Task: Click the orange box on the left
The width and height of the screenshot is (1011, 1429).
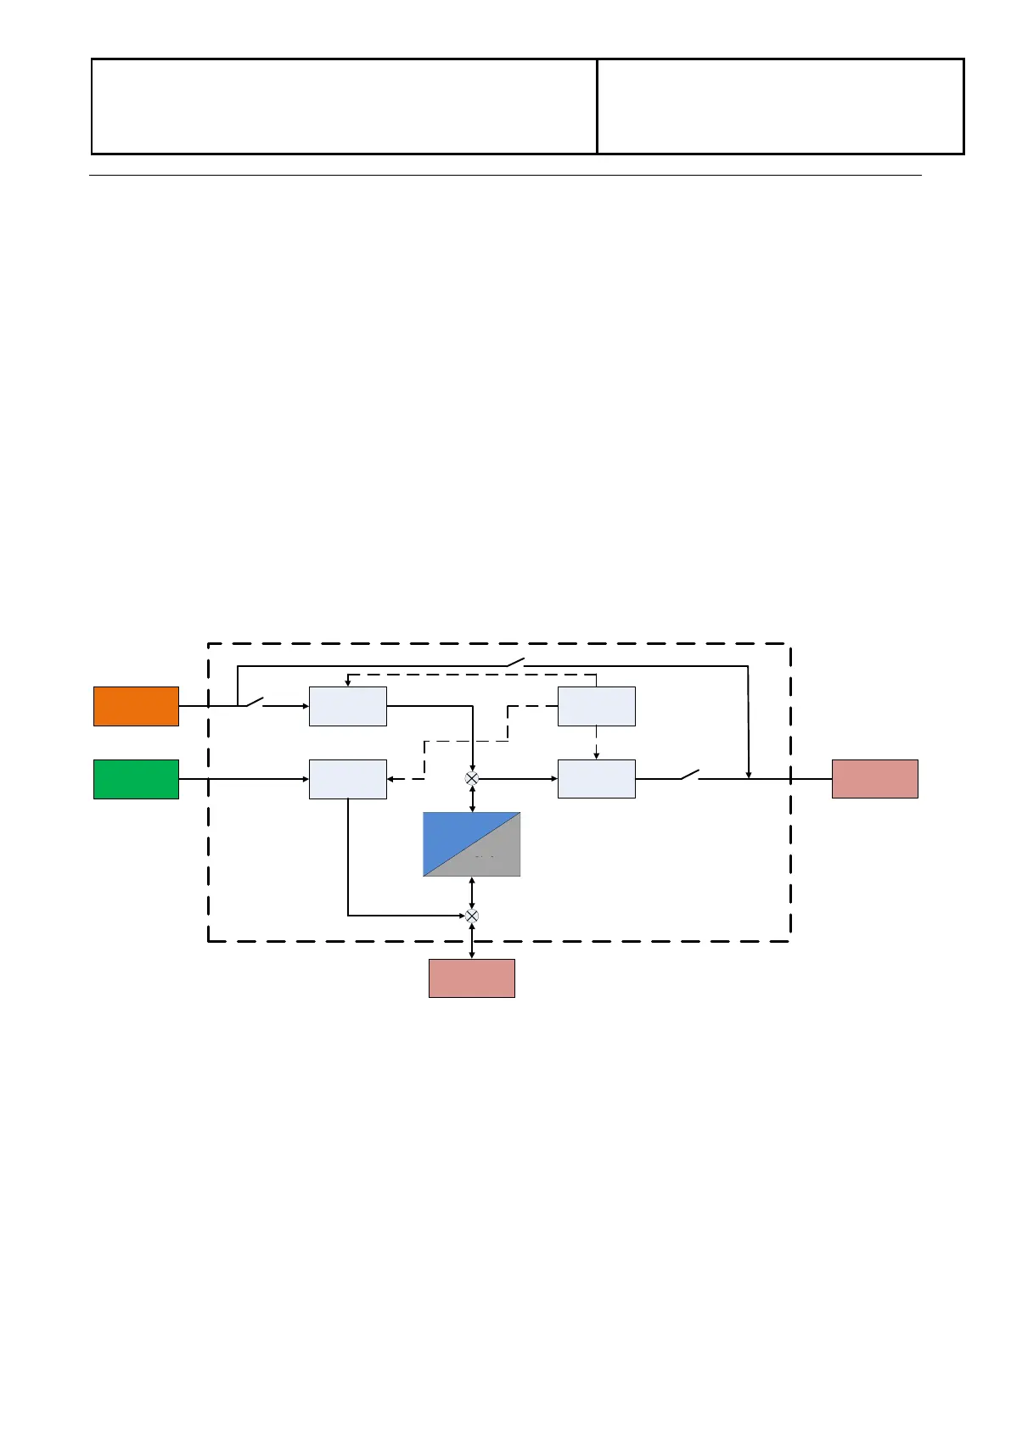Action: (136, 706)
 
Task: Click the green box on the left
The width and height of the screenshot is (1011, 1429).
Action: (136, 779)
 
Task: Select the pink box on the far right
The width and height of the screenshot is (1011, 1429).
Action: (874, 779)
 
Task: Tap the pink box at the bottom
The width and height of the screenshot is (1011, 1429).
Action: (471, 978)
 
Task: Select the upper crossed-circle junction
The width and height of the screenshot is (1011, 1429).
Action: (472, 778)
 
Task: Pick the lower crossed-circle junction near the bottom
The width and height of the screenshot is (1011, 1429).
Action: (472, 916)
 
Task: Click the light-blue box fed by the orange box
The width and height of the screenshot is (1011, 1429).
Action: (347, 706)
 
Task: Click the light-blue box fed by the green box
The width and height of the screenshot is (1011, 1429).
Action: (347, 779)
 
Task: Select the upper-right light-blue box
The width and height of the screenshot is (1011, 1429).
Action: (596, 706)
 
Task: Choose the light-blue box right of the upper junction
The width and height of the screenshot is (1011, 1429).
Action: (596, 779)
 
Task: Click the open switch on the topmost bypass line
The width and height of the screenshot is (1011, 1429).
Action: (515, 662)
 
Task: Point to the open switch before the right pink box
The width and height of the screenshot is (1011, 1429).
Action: (688, 775)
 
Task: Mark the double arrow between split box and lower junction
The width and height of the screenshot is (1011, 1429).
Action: (472, 893)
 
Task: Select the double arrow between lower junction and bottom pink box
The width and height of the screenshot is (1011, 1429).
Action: (472, 940)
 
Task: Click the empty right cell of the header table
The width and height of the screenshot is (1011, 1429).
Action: (780, 106)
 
